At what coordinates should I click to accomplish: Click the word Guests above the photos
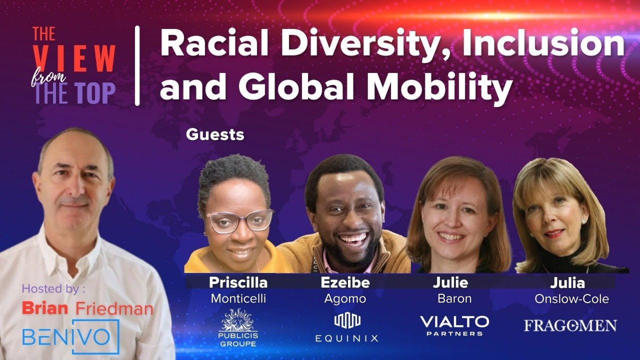215,134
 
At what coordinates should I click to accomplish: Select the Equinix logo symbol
347,320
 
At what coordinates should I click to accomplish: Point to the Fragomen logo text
570,326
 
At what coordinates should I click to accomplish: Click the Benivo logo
70,336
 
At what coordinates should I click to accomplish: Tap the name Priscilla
238,282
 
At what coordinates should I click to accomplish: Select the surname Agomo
344,299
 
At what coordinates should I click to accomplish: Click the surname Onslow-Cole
571,299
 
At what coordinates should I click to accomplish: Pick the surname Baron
454,299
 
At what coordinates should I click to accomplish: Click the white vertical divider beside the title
137,66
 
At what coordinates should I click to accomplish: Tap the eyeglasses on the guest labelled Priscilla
240,220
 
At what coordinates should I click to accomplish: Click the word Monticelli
238,299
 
